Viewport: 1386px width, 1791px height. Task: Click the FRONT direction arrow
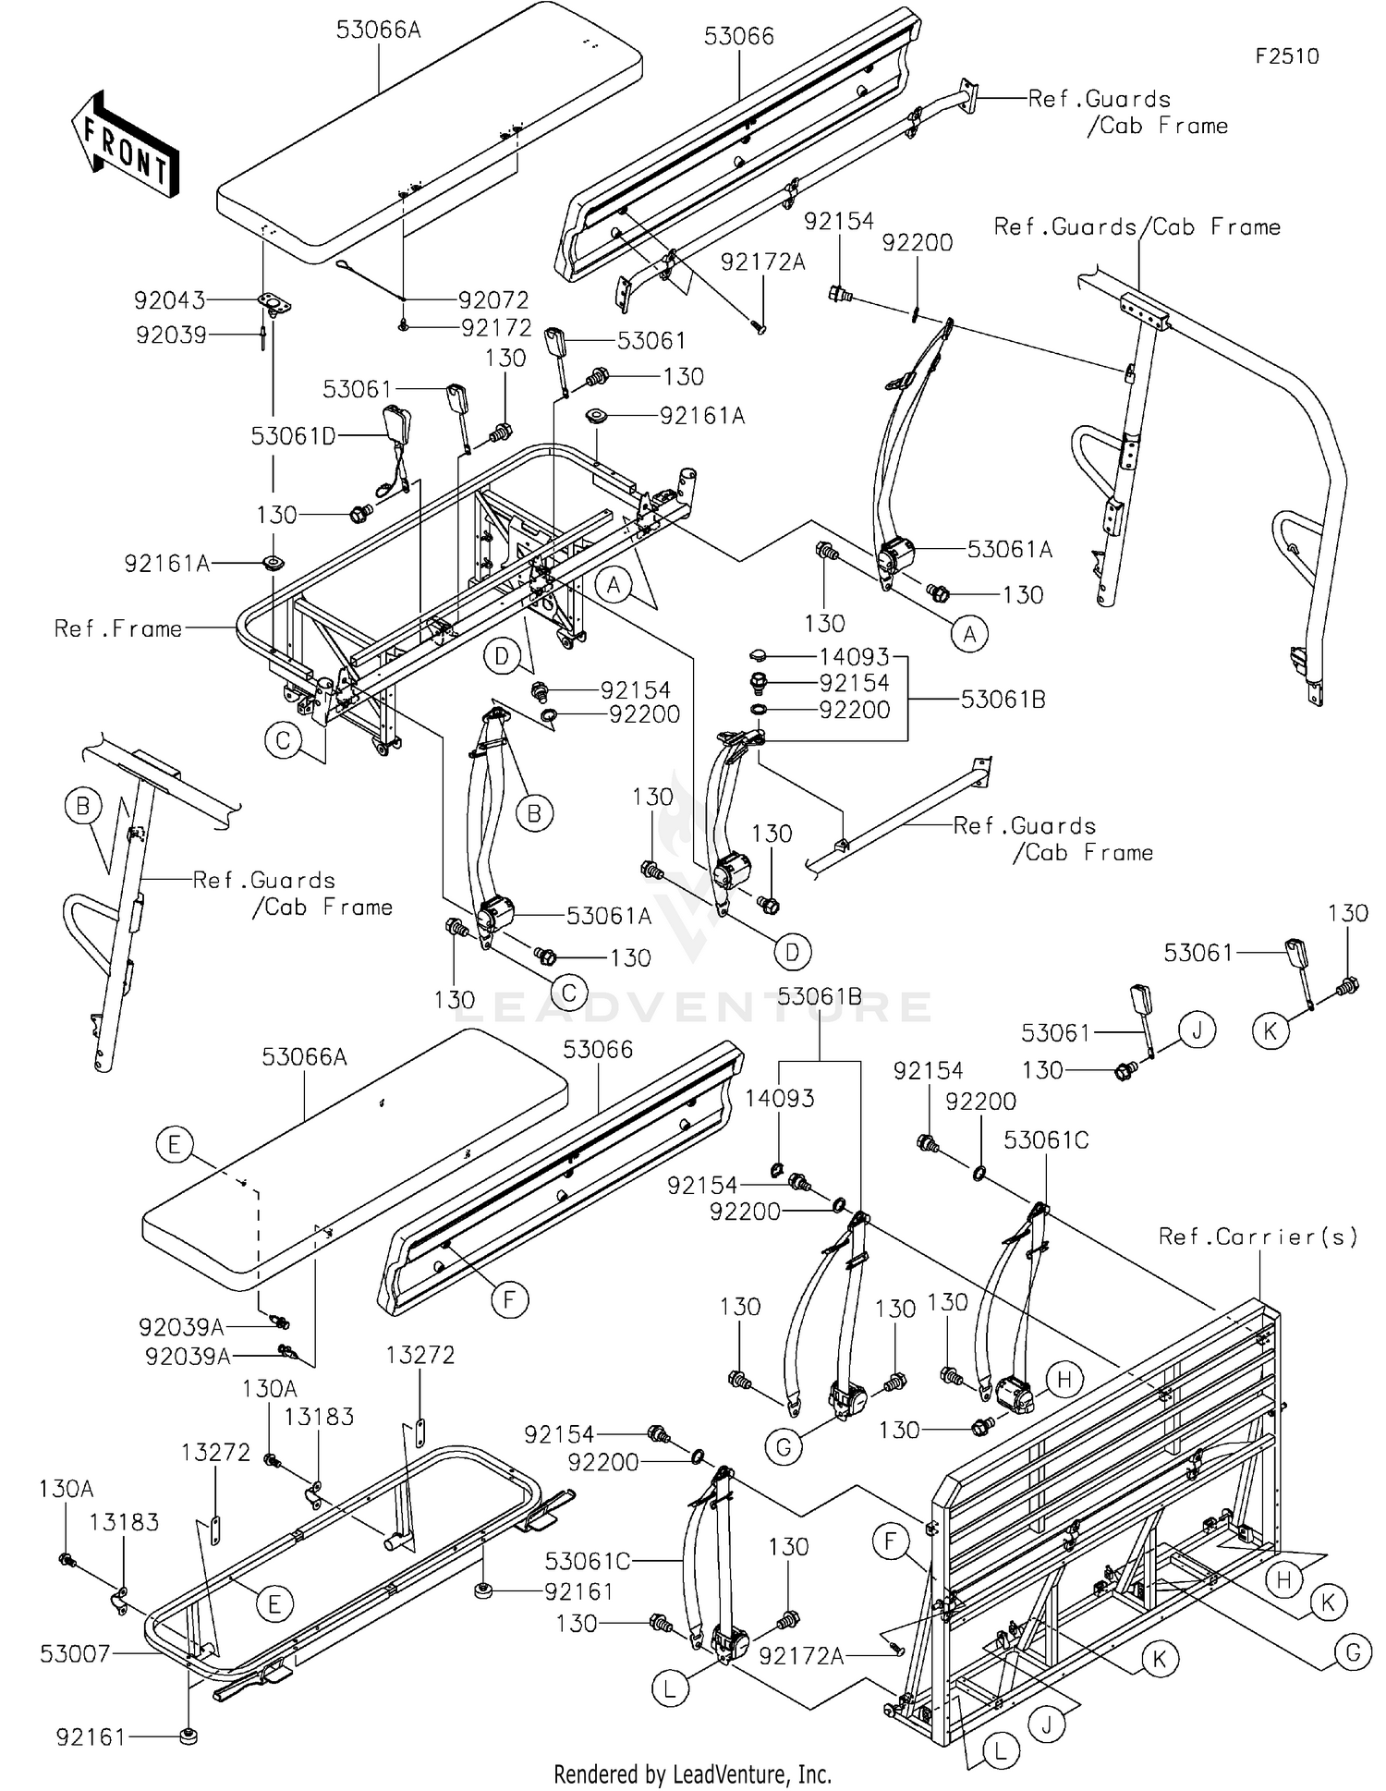[126, 146]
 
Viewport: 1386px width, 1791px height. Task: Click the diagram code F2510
[1286, 56]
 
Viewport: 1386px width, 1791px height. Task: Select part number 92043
[169, 300]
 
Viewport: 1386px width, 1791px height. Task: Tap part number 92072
[493, 300]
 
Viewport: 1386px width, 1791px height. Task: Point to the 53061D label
[294, 436]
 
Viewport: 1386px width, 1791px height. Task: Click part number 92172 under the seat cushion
[496, 328]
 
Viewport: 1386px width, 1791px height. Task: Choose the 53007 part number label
[75, 1654]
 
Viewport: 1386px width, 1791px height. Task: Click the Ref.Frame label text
[118, 629]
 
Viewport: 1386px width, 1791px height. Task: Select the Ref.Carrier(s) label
[1258, 1237]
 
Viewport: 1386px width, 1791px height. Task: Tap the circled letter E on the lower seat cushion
[174, 1146]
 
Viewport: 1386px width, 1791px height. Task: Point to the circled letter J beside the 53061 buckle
[1197, 1030]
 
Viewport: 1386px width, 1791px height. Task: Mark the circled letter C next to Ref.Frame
[283, 739]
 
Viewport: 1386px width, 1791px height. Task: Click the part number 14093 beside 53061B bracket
[854, 657]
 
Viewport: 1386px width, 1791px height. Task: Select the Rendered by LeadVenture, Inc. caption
[692, 1774]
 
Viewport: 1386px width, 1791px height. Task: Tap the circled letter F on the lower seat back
[509, 1300]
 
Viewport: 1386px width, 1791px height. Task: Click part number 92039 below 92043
[171, 335]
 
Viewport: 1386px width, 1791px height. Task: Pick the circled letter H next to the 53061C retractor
[1064, 1381]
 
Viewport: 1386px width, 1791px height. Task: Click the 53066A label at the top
[378, 30]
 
